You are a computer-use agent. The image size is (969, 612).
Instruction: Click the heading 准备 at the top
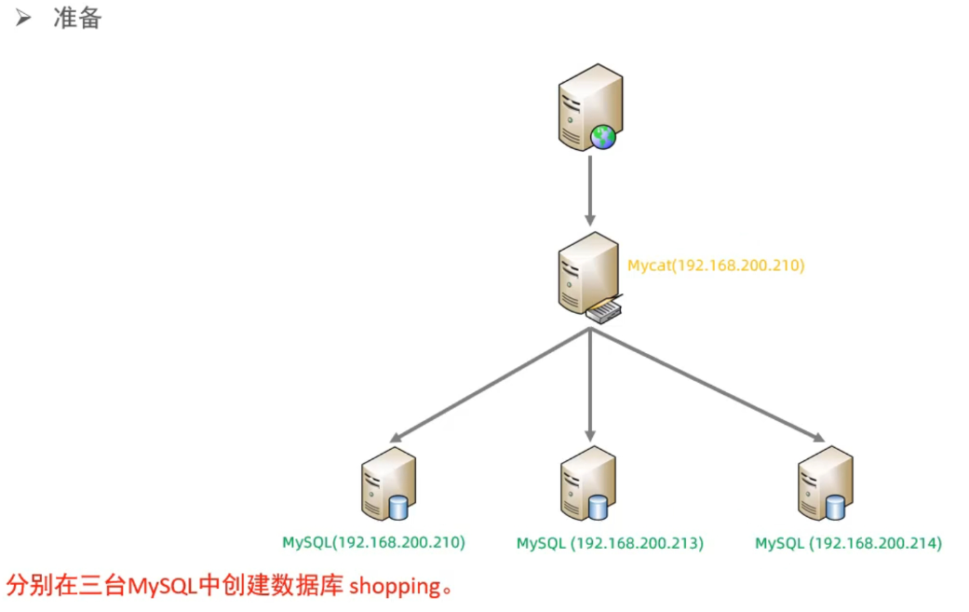(77, 18)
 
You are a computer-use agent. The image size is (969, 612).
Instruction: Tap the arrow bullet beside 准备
(24, 18)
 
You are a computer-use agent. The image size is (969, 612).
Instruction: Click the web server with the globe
(589, 106)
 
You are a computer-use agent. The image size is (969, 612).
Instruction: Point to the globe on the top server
(604, 138)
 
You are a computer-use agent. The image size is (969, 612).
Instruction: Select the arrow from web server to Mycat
(590, 189)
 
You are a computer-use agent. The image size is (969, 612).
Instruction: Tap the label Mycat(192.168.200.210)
(715, 265)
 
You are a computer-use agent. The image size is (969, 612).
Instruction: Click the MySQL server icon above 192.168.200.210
(387, 483)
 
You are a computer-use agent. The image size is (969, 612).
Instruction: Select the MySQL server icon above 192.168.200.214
(826, 483)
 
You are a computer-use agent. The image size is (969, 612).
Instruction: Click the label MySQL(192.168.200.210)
(374, 542)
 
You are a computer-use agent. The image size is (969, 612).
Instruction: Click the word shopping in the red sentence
(394, 587)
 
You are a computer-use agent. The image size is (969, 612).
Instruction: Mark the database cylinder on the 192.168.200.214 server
(836, 508)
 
